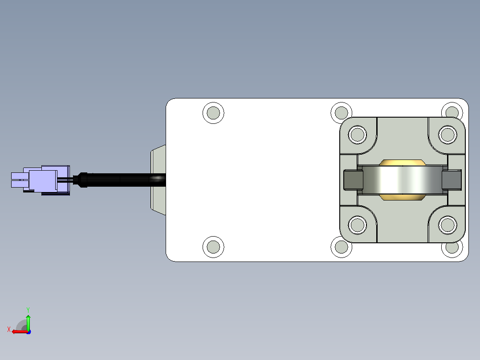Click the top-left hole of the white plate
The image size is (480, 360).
(213, 113)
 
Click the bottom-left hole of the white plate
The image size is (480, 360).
(213, 247)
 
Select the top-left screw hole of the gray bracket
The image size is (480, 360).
(357, 135)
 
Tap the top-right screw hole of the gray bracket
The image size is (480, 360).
(447, 135)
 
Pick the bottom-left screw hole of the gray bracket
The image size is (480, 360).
(357, 225)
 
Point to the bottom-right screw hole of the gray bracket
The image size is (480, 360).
(447, 225)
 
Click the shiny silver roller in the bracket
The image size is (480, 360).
(402, 180)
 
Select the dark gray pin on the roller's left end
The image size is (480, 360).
(353, 180)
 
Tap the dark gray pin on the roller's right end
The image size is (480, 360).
(452, 180)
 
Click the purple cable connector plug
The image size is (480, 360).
(41, 180)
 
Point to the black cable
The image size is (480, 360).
(126, 180)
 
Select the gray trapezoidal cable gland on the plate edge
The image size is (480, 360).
(158, 180)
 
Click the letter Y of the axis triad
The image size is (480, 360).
(28, 310)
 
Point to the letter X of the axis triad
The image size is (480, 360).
(9, 329)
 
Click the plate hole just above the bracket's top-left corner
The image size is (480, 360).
(342, 113)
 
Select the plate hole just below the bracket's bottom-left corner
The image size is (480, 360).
(342, 247)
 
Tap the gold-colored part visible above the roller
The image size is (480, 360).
(402, 163)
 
